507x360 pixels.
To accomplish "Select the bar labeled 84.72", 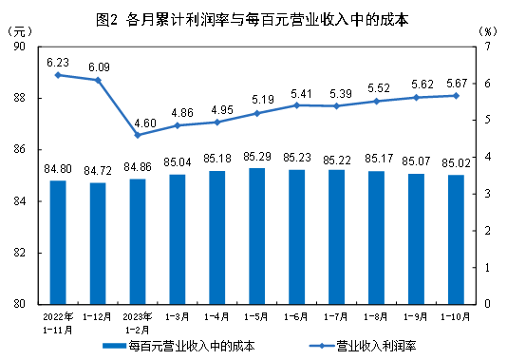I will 98,243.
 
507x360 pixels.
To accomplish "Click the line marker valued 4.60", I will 138,135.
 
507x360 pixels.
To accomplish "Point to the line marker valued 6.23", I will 58,75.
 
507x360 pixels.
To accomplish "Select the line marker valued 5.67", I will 456,95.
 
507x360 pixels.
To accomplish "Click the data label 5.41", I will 297,93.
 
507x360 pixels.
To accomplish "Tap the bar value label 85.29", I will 256,156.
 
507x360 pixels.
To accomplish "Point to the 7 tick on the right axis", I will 487,47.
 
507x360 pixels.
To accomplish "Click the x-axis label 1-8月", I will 377,313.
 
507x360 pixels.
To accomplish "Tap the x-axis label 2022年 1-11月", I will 58,318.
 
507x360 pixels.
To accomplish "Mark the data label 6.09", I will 99,67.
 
